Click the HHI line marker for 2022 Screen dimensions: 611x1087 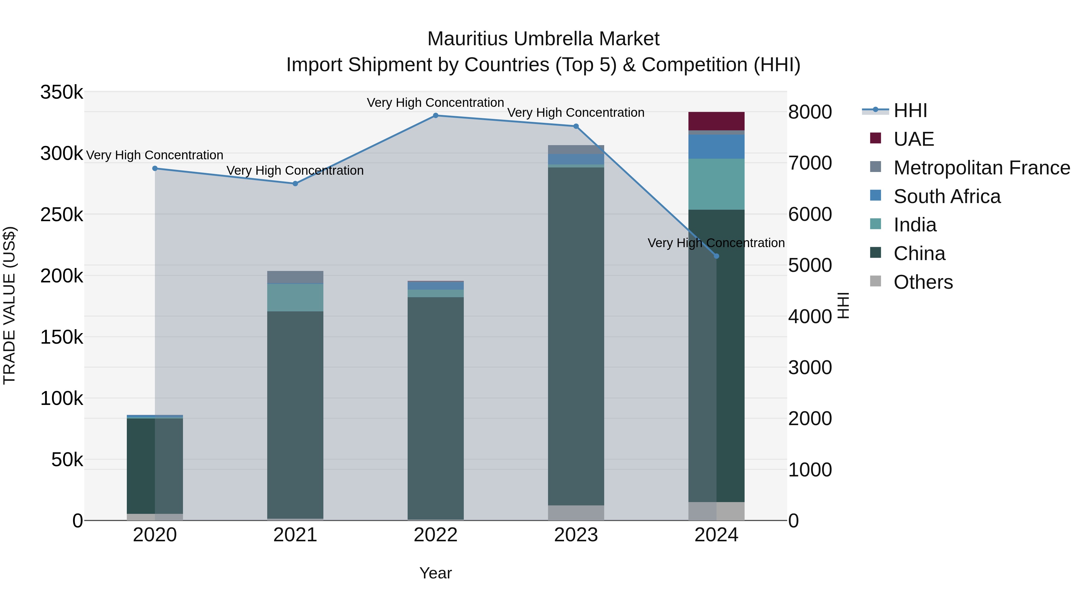click(435, 115)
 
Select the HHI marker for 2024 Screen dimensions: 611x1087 click(716, 256)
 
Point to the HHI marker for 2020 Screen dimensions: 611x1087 click(155, 168)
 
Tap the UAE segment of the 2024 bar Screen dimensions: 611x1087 click(716, 121)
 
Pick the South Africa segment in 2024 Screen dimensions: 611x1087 click(716, 147)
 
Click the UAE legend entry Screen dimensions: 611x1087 click(914, 139)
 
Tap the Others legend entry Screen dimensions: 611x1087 click(923, 282)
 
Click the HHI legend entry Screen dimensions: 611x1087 click(910, 110)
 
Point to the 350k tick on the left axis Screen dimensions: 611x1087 click(62, 92)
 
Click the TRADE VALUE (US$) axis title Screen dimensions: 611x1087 click(10, 305)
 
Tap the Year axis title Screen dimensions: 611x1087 click(435, 573)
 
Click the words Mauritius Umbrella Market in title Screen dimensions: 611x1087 click(543, 39)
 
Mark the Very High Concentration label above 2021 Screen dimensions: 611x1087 click(295, 170)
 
